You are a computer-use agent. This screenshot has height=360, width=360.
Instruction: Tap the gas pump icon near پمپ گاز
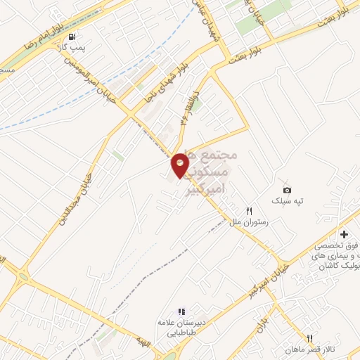[72, 37]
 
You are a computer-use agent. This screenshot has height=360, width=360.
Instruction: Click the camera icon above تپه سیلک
[287, 190]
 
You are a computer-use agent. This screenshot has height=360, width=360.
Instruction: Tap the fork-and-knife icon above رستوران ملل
[248, 210]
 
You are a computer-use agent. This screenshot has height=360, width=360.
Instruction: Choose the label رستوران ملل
[250, 221]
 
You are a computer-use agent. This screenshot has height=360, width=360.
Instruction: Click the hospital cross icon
[344, 233]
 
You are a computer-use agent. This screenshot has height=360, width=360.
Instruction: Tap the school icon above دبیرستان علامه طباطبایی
[181, 311]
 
